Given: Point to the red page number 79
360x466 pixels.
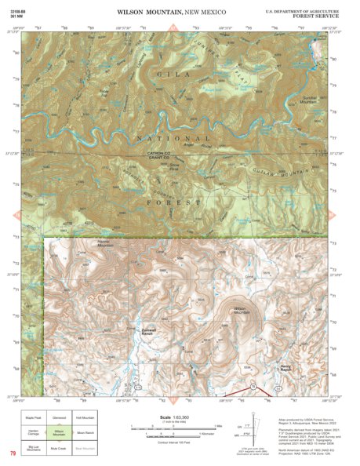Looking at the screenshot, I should [13, 453].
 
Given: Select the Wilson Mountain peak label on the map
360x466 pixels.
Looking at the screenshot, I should [243, 309].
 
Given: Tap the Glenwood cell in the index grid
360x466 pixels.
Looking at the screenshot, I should [59, 418].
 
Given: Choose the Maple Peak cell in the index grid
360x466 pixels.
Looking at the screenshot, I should [33, 418].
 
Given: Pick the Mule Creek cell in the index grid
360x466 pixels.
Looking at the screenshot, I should [59, 448].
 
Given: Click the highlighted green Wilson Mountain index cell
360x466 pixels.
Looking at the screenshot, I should [59, 432].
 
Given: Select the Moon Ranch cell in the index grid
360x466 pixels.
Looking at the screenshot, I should [85, 432].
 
